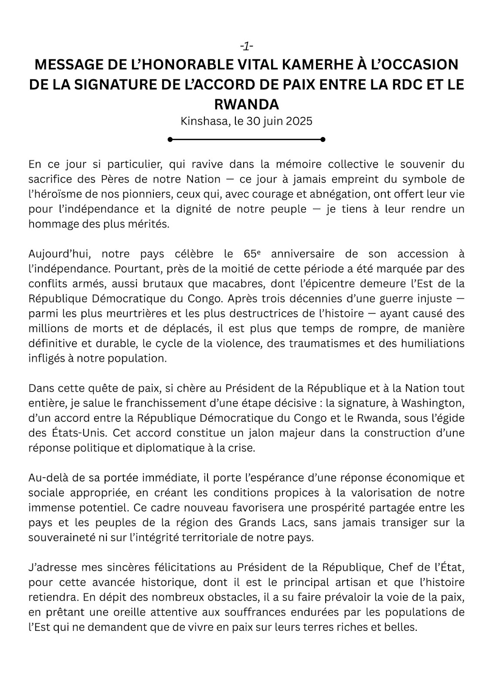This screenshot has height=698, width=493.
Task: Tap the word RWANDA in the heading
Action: (247, 105)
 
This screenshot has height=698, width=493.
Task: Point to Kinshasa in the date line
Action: (204, 121)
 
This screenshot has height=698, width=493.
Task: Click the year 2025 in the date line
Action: (299, 121)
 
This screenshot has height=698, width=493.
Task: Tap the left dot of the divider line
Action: (170, 140)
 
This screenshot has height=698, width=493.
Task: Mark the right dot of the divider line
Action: (323, 140)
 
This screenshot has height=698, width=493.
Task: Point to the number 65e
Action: (248, 254)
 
